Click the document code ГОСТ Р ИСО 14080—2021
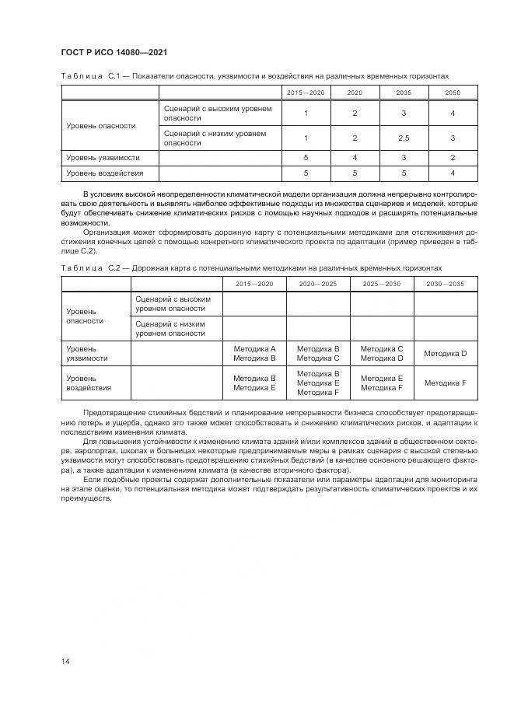point(114,52)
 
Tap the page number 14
point(65,661)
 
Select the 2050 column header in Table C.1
point(452,93)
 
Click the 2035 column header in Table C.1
point(404,93)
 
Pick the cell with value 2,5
point(404,138)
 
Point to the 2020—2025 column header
point(318,284)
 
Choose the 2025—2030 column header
point(381,284)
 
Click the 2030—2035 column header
point(445,284)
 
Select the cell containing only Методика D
point(445,354)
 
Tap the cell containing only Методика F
point(445,383)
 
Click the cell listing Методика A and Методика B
point(254,354)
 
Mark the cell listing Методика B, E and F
point(318,383)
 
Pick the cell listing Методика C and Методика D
point(381,354)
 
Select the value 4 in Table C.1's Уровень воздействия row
point(452,173)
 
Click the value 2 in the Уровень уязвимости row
point(452,158)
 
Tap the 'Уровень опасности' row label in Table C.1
point(101,125)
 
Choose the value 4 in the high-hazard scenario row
point(452,114)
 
